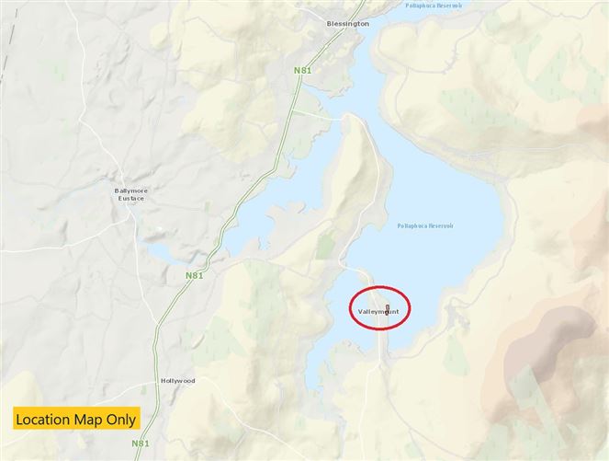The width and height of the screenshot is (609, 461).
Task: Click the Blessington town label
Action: pyautogui.click(x=348, y=24)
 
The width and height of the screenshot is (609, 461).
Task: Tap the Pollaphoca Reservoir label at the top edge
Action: pyautogui.click(x=435, y=6)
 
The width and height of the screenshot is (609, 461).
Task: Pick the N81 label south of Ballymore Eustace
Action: pyautogui.click(x=193, y=275)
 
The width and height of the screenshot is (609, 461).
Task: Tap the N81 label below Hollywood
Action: pyautogui.click(x=141, y=443)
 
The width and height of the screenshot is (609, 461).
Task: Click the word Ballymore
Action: pyautogui.click(x=131, y=190)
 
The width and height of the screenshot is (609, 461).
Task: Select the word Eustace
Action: pyautogui.click(x=131, y=199)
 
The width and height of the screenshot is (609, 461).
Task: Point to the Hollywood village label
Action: pyautogui.click(x=177, y=380)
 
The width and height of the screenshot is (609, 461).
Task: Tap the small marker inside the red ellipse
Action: pyautogui.click(x=388, y=307)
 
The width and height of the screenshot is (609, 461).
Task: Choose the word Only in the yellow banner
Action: pyautogui.click(x=122, y=420)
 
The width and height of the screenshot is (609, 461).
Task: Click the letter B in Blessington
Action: pyautogui.click(x=330, y=24)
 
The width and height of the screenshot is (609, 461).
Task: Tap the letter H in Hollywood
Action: pyautogui.click(x=163, y=380)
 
